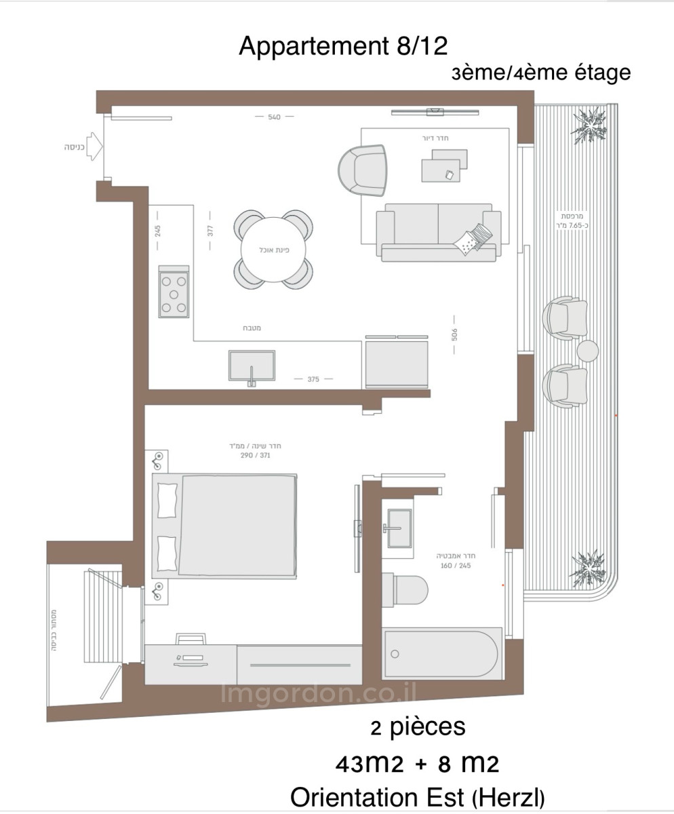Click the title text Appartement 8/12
click(x=343, y=47)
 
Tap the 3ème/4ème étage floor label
click(x=541, y=73)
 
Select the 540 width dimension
click(x=274, y=117)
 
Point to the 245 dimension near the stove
click(x=157, y=230)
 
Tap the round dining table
click(x=274, y=250)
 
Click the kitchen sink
click(x=252, y=366)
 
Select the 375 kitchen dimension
click(x=313, y=379)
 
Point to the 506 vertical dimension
click(x=455, y=334)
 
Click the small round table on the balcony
click(x=587, y=351)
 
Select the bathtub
click(x=443, y=654)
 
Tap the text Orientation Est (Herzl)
click(x=417, y=797)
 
